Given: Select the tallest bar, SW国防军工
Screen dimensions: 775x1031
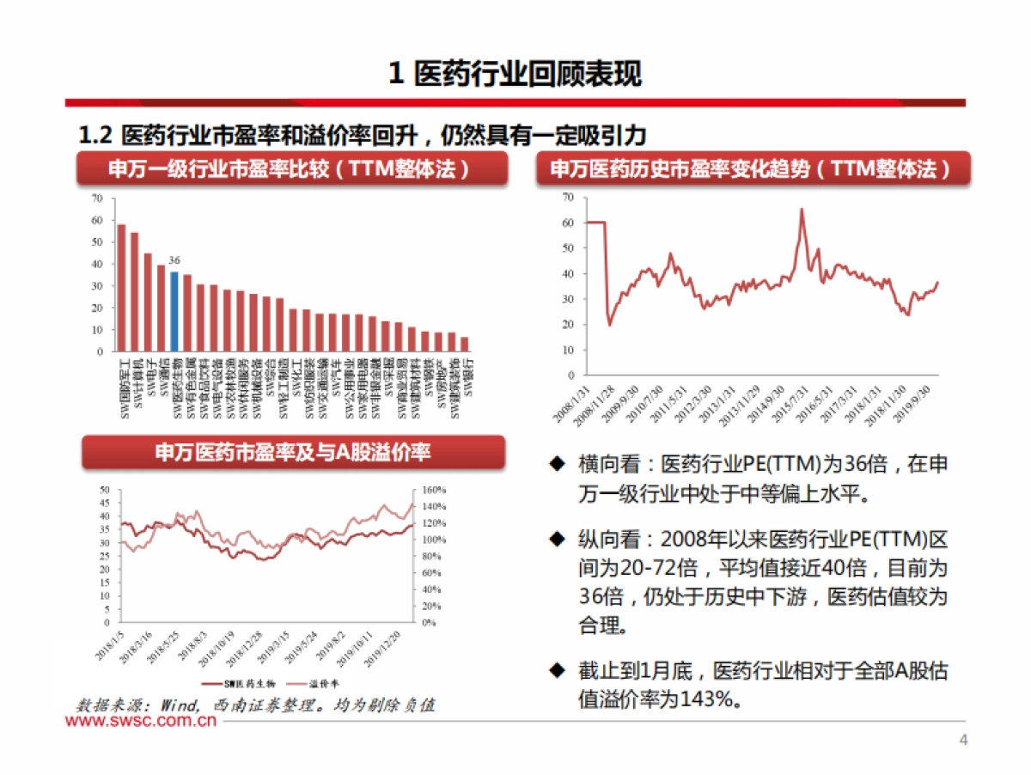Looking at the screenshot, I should (121, 288).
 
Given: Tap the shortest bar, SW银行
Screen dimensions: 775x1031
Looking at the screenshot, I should (465, 344).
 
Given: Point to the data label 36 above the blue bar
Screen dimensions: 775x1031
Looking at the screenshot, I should (174, 260).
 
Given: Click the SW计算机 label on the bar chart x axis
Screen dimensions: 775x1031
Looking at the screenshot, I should (136, 376).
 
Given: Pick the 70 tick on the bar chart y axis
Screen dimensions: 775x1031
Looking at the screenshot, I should (97, 198).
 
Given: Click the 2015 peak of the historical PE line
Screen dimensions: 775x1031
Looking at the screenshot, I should (802, 210).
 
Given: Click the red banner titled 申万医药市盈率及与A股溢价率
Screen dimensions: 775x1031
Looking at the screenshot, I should (293, 452).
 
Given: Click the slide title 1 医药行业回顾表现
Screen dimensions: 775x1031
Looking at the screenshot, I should (515, 74).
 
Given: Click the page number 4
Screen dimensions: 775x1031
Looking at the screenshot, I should (963, 741).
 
